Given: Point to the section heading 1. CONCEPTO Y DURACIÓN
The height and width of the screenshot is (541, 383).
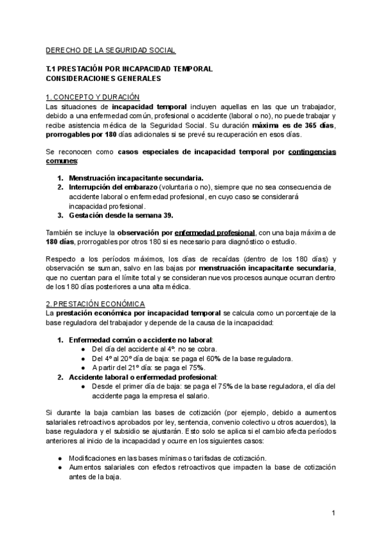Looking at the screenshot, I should click(93, 97).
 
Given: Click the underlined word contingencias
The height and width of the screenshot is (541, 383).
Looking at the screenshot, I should click(313, 154).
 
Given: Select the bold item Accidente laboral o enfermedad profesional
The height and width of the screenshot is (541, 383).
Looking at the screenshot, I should click(143, 377).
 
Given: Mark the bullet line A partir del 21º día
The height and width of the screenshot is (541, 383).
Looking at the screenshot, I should click(148, 367).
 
